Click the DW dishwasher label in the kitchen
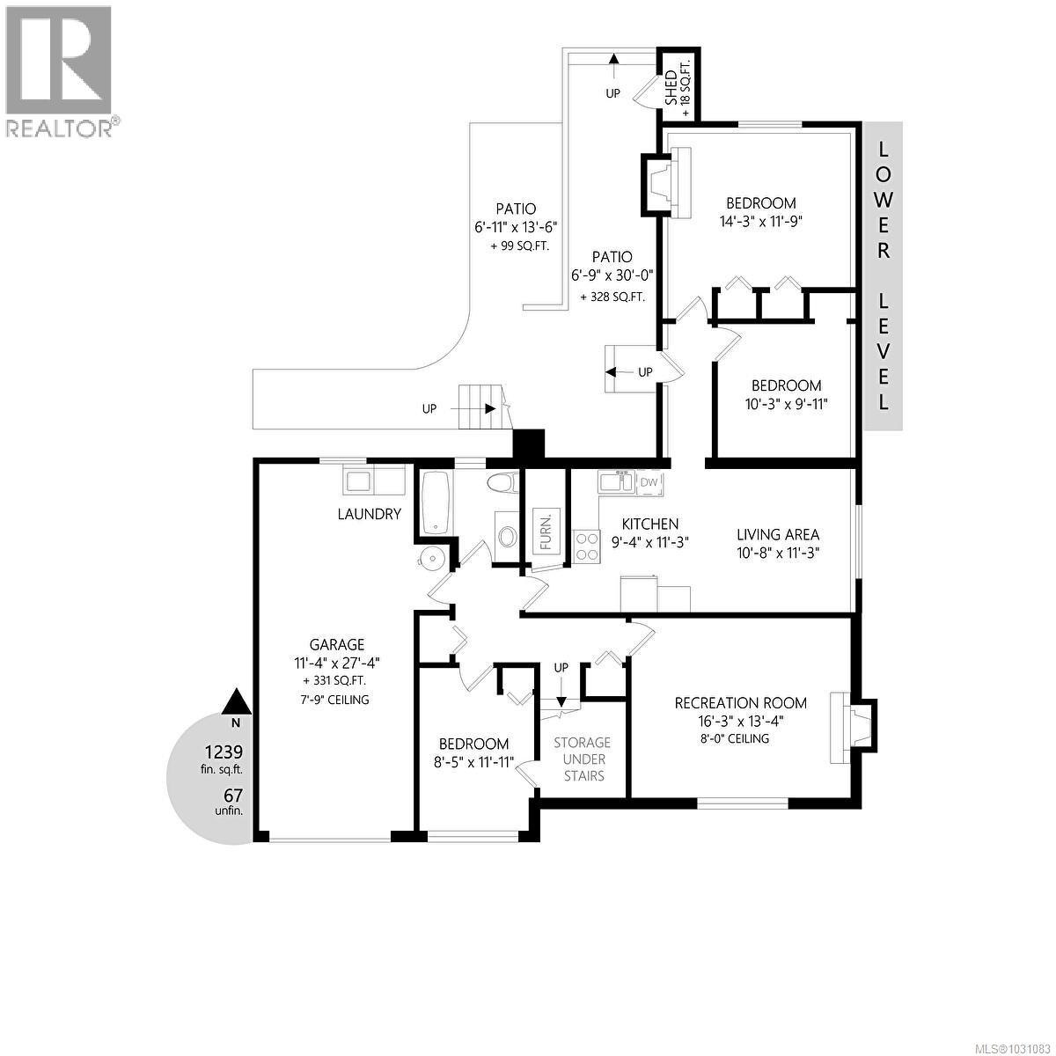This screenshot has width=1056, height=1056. pos(649,482)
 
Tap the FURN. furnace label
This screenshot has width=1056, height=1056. pos(546,531)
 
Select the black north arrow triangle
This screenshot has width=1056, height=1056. pos(235,701)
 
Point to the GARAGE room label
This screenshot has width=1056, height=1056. pos(336,644)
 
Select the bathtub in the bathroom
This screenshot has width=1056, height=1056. pos(437,502)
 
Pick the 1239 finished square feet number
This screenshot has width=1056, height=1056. pos(224,752)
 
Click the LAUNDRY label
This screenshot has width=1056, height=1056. pos(370,514)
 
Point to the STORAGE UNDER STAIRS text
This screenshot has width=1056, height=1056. pos(582,759)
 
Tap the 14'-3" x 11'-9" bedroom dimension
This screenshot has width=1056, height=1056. pos(761,222)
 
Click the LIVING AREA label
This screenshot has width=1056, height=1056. pos(778,534)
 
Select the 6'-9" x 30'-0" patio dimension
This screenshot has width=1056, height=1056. pos(612,275)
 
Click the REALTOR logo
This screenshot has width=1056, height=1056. pos(60,70)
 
